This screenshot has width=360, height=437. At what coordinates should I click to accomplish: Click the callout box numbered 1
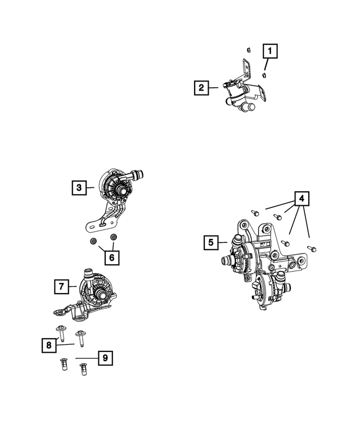coord(271,52)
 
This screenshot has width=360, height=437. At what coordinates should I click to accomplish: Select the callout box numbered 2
coord(200,88)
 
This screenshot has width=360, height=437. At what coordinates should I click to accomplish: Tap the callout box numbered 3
coord(79,187)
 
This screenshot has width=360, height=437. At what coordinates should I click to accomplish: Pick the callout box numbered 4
coord(301,199)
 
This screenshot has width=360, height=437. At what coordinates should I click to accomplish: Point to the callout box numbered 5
coord(211,242)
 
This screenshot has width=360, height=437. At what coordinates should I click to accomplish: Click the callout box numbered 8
coord(49,345)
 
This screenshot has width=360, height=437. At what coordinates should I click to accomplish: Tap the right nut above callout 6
coord(113,238)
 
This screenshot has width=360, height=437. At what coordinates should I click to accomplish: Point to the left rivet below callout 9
coord(64,366)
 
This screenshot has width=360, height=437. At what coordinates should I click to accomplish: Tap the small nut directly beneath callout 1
coord(264,74)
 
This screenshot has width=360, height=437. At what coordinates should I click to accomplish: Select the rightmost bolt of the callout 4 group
coord(313,248)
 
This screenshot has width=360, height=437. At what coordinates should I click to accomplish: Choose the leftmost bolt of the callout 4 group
coord(255,213)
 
